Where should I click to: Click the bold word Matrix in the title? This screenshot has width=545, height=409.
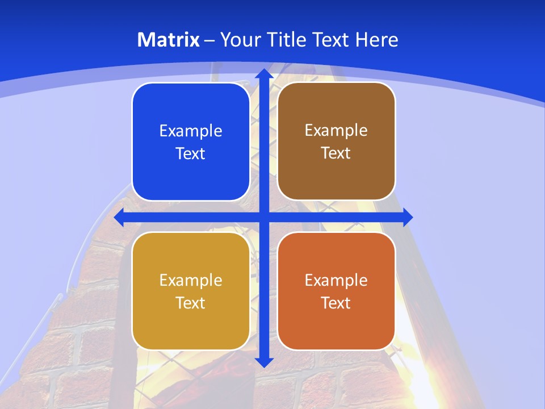pyautogui.click(x=169, y=40)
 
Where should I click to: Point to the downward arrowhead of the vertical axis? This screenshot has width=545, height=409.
pyautogui.click(x=264, y=362)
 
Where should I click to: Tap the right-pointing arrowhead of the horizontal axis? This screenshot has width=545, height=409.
pyautogui.click(x=407, y=218)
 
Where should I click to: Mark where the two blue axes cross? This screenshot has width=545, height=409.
pyautogui.click(x=264, y=218)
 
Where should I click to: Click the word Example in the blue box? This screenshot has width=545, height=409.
pyautogui.click(x=191, y=131)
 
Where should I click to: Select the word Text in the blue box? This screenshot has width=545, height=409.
pyautogui.click(x=191, y=154)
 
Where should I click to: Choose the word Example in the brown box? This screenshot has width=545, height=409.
pyautogui.click(x=336, y=131)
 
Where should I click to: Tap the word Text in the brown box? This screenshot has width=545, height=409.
pyautogui.click(x=336, y=153)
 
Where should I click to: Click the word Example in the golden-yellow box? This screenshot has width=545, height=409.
pyautogui.click(x=191, y=281)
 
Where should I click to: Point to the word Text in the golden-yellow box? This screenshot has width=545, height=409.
pyautogui.click(x=191, y=303)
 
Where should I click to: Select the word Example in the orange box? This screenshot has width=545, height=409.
pyautogui.click(x=336, y=281)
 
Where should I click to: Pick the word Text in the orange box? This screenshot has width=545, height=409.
pyautogui.click(x=336, y=303)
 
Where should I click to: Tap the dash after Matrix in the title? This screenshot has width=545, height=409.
pyautogui.click(x=209, y=40)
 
